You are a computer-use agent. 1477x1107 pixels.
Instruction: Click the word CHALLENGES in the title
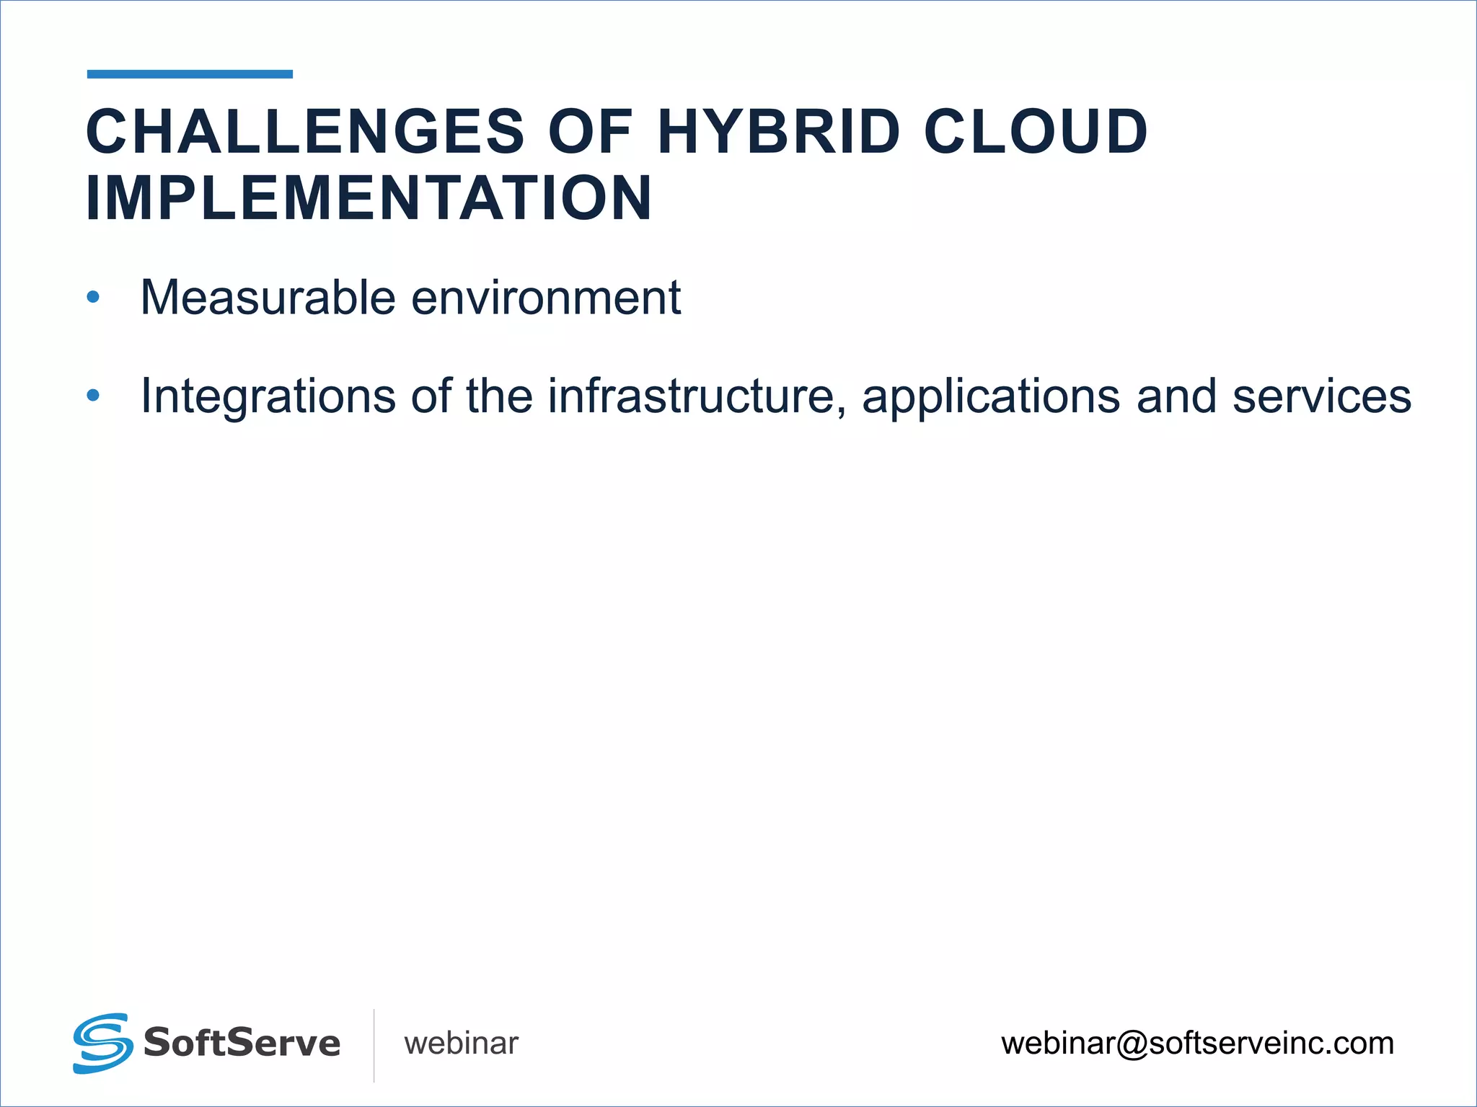(x=305, y=132)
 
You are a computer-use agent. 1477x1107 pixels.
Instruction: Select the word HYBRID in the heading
(x=779, y=132)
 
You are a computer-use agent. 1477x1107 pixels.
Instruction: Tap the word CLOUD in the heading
(x=1036, y=132)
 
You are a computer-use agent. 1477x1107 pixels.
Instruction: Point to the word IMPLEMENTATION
(x=369, y=198)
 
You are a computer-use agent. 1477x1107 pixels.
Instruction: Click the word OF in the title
(x=590, y=132)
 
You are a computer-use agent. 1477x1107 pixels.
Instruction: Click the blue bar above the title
(x=190, y=74)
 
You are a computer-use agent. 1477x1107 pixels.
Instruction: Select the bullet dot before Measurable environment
(x=93, y=297)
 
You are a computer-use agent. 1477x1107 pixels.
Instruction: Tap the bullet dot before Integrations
(x=93, y=396)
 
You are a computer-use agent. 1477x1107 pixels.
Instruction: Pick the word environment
(x=546, y=297)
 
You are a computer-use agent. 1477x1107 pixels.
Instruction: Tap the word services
(x=1321, y=396)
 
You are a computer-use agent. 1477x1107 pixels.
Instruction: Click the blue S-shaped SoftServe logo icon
(x=102, y=1043)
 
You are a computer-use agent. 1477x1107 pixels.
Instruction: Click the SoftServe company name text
(x=242, y=1043)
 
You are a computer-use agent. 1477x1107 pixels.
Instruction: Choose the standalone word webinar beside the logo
(x=461, y=1044)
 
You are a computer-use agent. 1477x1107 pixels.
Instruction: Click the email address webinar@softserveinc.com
(x=1197, y=1044)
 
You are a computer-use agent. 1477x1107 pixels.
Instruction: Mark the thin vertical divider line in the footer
(x=374, y=1045)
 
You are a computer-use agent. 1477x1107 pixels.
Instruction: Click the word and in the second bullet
(x=1176, y=396)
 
